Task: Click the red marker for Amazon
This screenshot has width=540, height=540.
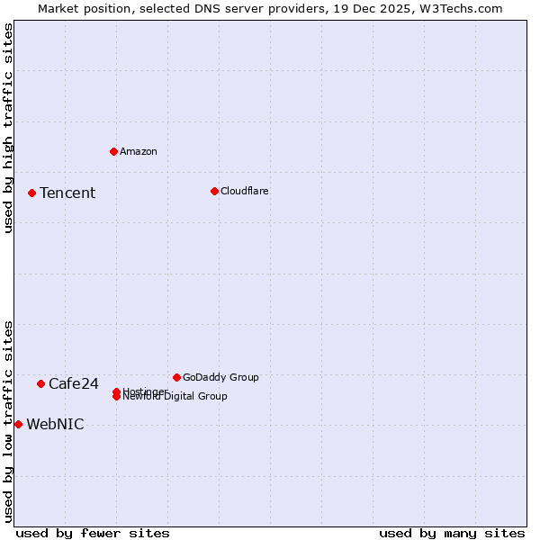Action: pos(113,151)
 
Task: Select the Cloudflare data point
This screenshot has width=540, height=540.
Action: pos(214,191)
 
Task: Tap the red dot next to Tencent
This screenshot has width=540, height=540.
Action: pos(31,193)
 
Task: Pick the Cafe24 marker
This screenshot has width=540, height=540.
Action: pos(40,383)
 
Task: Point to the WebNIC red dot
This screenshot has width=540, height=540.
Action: pos(18,424)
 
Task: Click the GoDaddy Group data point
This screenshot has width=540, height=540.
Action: pos(176,377)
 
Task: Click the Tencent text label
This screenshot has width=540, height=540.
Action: pos(67,193)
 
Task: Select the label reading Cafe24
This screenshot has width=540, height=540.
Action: pos(74,383)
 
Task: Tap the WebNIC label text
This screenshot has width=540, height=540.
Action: pos(55,424)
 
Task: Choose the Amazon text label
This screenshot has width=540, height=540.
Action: pos(139,151)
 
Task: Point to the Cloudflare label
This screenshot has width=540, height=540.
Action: pos(245,191)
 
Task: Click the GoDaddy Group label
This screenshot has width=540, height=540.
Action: pos(220,377)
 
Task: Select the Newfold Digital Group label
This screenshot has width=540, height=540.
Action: pos(176,397)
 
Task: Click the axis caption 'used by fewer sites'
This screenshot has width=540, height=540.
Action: pos(93,533)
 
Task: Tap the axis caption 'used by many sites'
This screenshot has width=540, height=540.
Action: pos(452,533)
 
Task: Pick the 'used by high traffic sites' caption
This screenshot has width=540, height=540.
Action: pos(8,128)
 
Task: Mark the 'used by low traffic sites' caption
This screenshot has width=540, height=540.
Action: pos(8,421)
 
